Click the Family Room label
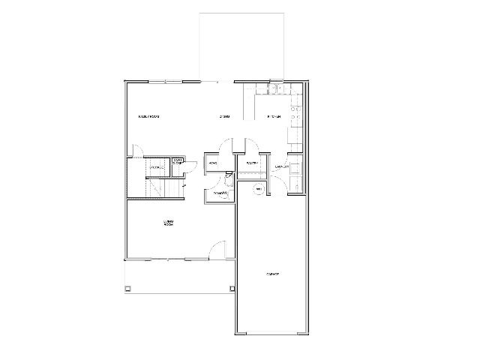tap(148, 117)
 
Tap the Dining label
tap(223, 117)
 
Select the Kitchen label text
tap(274, 117)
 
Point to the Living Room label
tap(169, 223)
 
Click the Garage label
tap(271, 274)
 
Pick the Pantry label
tap(252, 163)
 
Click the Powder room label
tap(220, 193)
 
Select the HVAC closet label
tap(213, 163)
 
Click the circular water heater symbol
tap(259, 189)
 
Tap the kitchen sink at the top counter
tap(274, 91)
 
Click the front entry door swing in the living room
tap(217, 250)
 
